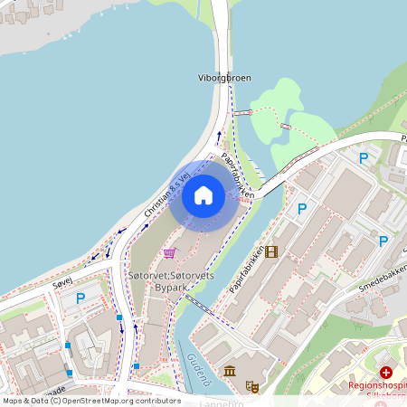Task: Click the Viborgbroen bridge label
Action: tap(222, 78)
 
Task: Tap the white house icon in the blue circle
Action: tap(203, 195)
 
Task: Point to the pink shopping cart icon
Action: tap(169, 253)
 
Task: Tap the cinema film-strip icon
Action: tap(271, 251)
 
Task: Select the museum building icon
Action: tap(230, 371)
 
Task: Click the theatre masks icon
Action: tap(252, 386)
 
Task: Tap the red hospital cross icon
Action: tap(387, 372)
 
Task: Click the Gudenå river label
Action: tap(199, 367)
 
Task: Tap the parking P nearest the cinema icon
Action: tap(303, 209)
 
